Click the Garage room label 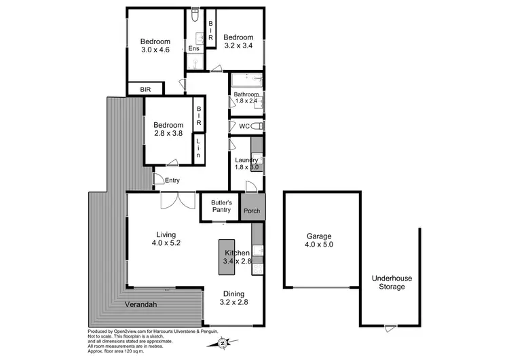(x=319, y=235)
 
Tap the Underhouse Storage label (x=392, y=282)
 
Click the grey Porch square (x=252, y=211)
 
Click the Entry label (x=172, y=180)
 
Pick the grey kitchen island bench (x=225, y=257)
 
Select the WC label (x=244, y=126)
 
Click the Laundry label (x=245, y=160)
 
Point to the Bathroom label (x=246, y=94)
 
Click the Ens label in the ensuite (x=193, y=49)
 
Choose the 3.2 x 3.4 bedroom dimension (x=239, y=46)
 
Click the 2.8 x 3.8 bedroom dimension (x=168, y=134)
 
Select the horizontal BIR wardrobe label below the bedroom (x=146, y=89)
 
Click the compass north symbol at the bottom (x=223, y=343)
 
